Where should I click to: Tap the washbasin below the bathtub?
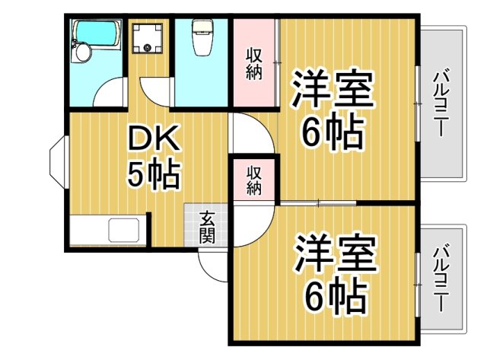[x=82, y=53]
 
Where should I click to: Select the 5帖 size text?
[x=153, y=176]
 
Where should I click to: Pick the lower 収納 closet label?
[x=254, y=178]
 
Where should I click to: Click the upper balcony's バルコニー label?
[x=441, y=104]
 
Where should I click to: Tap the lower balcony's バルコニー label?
[x=441, y=279]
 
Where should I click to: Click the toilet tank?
[x=202, y=27]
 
